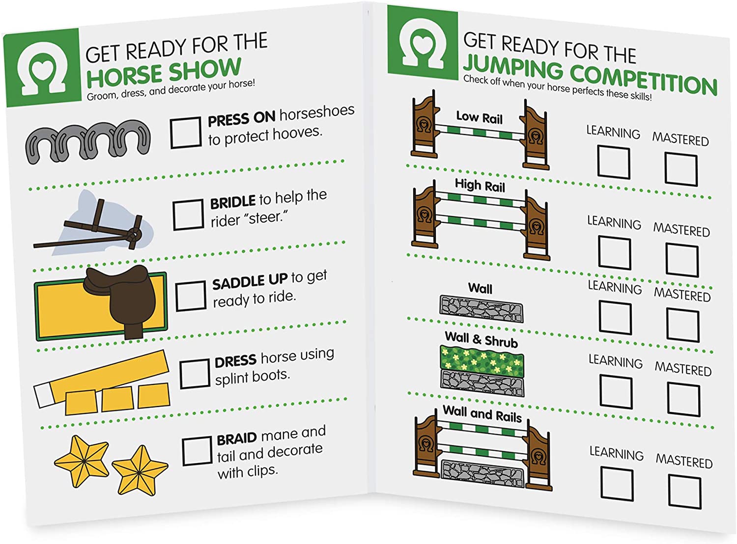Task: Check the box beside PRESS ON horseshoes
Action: point(186,133)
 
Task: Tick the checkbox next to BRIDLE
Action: point(188,215)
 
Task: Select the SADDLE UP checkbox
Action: point(191,296)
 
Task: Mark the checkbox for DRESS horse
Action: point(195,374)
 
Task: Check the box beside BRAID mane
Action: point(198,451)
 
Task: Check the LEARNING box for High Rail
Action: point(614,252)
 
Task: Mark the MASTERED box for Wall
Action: point(683,325)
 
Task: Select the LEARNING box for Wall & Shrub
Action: point(616,392)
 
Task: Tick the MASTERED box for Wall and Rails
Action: point(685,492)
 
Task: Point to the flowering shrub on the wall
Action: point(482,361)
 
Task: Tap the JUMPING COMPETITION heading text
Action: point(590,75)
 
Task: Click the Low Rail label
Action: point(479,117)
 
